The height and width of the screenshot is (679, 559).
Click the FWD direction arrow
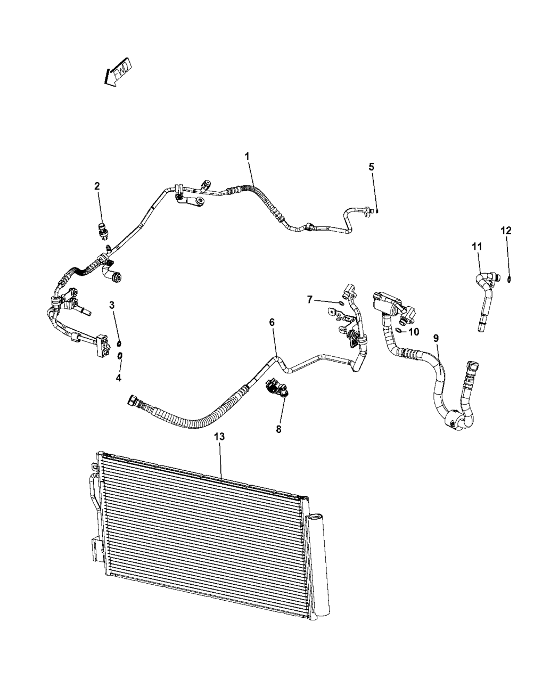[x=118, y=72]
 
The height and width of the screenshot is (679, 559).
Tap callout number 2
[x=97, y=186]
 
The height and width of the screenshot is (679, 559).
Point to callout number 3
[x=112, y=305]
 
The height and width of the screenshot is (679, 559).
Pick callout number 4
[x=119, y=378]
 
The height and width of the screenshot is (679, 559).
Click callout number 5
[x=371, y=167]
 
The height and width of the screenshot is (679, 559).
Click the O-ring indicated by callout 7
[x=340, y=304]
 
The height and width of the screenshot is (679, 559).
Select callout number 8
[x=278, y=429]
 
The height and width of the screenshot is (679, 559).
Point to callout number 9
[x=436, y=338]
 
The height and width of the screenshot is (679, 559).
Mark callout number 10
[x=414, y=331]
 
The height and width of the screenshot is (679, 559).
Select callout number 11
[x=476, y=246]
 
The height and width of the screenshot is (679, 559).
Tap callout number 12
[x=506, y=230]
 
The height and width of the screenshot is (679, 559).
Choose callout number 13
[x=219, y=436]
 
